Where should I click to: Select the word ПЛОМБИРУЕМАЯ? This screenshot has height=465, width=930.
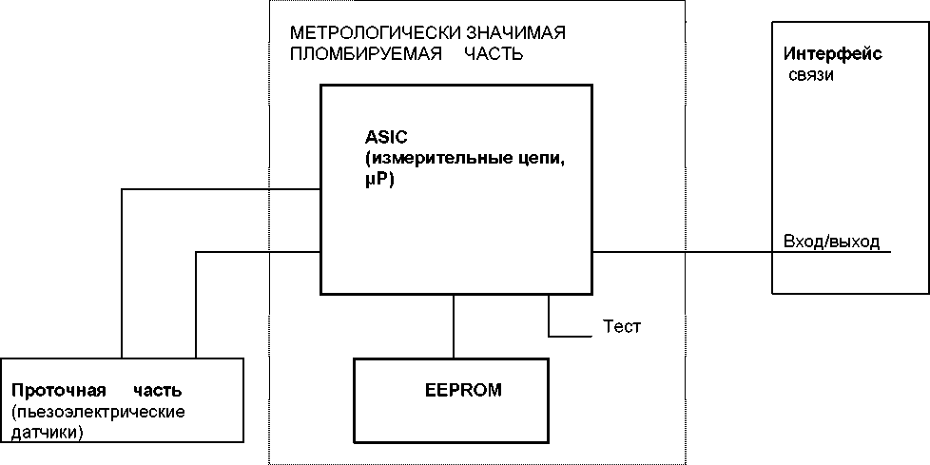pos(365,54)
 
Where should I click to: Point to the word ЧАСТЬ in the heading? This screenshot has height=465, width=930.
pos(494,54)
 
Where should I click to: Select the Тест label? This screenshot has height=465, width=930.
pos(622,327)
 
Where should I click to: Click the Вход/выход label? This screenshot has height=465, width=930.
pos(831,241)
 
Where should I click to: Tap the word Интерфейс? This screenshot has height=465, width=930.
pos(832,54)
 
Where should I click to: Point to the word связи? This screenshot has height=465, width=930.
pos(811,75)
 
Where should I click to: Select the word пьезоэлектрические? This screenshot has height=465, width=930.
pos(99,412)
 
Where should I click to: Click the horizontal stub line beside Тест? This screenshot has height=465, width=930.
pos(571,336)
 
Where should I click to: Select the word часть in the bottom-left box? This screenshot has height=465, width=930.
pos(158,391)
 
